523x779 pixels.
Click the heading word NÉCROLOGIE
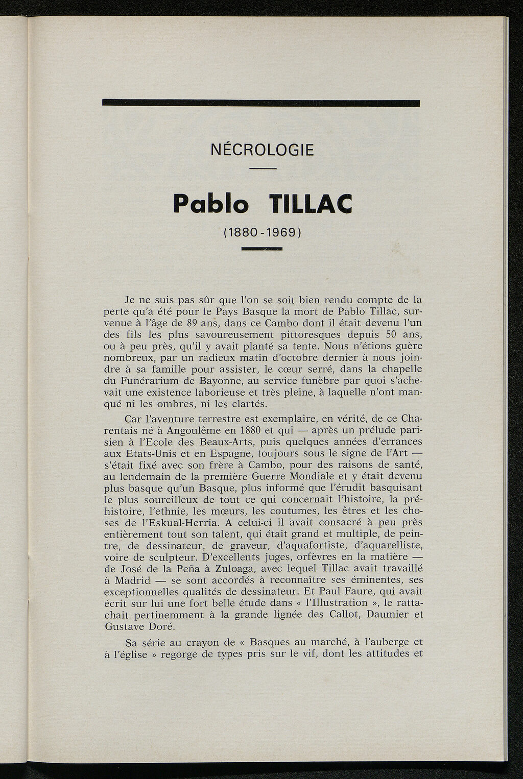tap(262, 151)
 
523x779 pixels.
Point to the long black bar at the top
tap(261, 103)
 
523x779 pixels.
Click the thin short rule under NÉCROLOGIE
tap(263, 169)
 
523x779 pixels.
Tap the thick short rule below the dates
tap(262, 249)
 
